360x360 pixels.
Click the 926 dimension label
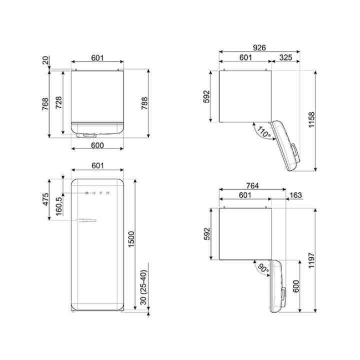[x=259, y=48]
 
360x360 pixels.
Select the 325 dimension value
[x=285, y=57]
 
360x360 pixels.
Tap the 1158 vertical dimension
[x=311, y=120]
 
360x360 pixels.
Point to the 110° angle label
[x=263, y=132]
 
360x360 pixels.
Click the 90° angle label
[x=263, y=268]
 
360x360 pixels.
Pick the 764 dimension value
[x=252, y=185]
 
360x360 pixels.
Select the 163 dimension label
[x=295, y=195]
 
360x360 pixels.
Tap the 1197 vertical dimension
[x=311, y=260]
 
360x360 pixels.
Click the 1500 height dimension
[x=131, y=239]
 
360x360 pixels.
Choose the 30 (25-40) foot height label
[x=143, y=287]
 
